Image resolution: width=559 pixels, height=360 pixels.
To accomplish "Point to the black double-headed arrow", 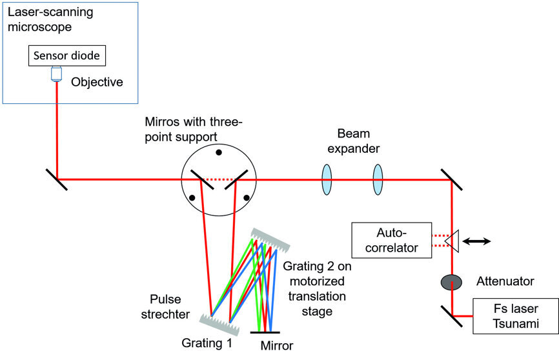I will (478, 241).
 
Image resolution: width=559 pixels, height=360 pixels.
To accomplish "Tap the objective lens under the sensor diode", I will (57, 76).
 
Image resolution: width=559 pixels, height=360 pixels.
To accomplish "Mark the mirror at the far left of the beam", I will (57, 179).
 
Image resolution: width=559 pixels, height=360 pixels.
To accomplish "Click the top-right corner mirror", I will (452, 179).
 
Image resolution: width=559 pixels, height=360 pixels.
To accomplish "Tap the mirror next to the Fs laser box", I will (452, 315).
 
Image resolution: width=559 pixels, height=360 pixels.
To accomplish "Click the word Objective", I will (96, 83).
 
